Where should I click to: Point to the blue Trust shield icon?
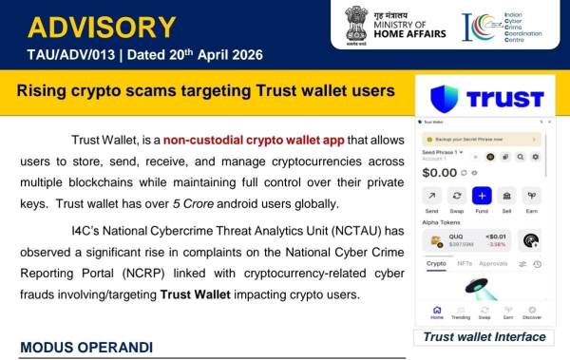446,99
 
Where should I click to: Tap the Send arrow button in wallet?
431,196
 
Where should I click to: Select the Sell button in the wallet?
507,196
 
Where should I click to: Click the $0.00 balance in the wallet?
440,173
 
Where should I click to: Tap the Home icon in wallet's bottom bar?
436,310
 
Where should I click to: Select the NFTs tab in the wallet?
465,263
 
